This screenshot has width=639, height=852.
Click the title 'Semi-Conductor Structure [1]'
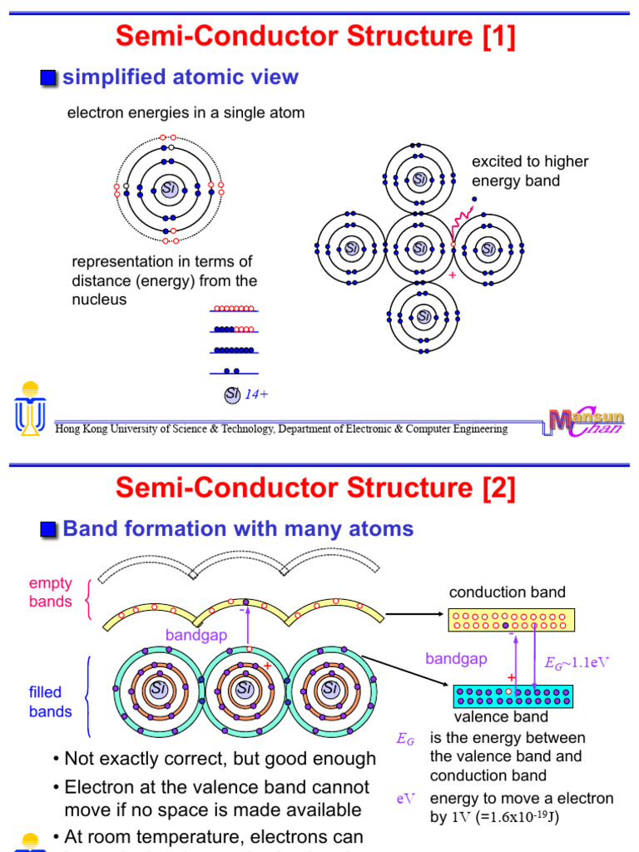click(315, 36)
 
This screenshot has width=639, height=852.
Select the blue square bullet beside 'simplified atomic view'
click(49, 79)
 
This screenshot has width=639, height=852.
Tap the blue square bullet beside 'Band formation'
click(49, 530)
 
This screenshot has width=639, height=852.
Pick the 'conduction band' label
click(507, 592)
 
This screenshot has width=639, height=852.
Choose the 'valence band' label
click(500, 717)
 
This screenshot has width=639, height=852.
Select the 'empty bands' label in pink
click(51, 592)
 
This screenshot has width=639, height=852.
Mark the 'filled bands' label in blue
click(51, 702)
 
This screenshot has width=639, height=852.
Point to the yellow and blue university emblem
click(31, 408)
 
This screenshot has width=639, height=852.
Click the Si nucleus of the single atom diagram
click(170, 189)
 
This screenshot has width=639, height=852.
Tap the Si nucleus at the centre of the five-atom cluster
click(420, 248)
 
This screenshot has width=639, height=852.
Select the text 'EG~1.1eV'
click(577, 663)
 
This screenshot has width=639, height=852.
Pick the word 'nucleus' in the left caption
click(99, 300)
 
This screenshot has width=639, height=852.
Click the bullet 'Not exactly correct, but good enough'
click(220, 759)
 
